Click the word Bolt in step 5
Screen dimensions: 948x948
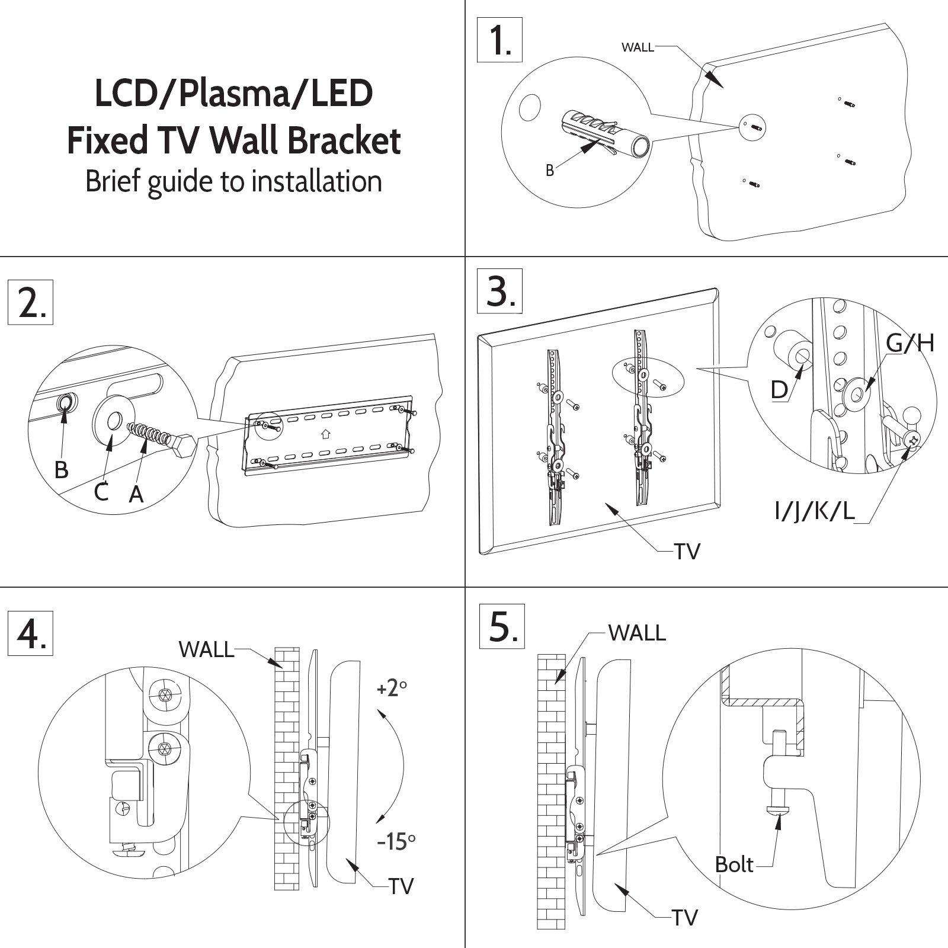[x=734, y=864]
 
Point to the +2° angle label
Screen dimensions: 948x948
[x=392, y=688]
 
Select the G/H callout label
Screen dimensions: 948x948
[x=909, y=343]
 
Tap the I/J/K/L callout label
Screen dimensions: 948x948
[x=815, y=511]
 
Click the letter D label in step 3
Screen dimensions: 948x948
[x=779, y=390]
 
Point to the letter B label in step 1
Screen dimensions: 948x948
[x=549, y=171]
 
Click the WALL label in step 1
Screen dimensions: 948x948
[x=638, y=47]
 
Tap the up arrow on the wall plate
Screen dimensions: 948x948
[x=324, y=434]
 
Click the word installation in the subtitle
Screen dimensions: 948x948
[x=316, y=181]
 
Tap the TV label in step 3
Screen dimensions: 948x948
[x=687, y=552]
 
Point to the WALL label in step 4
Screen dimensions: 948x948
[x=206, y=649]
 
